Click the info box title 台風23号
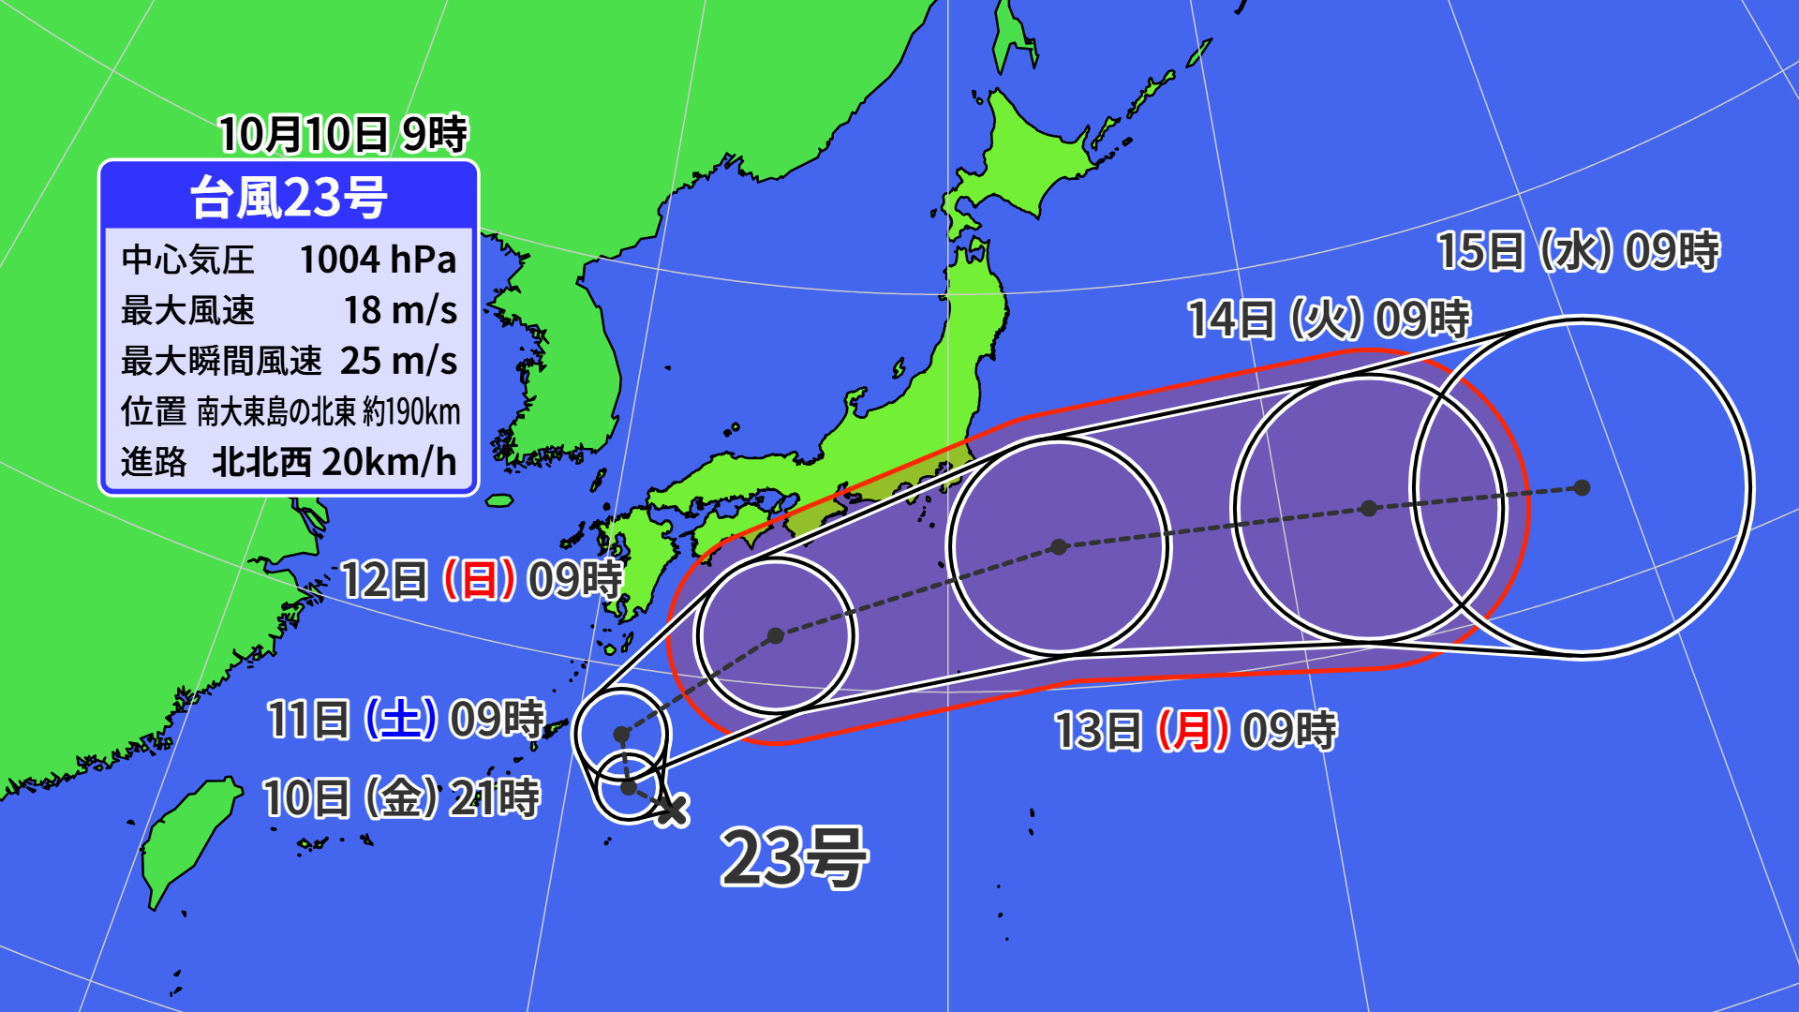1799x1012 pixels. (x=289, y=198)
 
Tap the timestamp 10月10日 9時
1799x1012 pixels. (x=343, y=134)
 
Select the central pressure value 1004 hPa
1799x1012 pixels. (x=378, y=260)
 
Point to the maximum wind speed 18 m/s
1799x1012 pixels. (x=400, y=310)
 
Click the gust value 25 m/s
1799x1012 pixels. (x=398, y=361)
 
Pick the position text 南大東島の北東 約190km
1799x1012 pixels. (x=328, y=411)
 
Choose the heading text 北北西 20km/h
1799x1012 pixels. (x=334, y=462)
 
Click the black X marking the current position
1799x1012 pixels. (x=671, y=809)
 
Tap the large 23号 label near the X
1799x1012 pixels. (x=794, y=856)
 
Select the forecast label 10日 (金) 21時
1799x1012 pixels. (x=401, y=798)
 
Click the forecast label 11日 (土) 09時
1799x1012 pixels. (x=406, y=720)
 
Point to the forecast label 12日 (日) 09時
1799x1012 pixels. (x=481, y=580)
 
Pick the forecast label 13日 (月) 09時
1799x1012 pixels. (x=1196, y=731)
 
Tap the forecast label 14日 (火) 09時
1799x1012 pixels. (x=1329, y=320)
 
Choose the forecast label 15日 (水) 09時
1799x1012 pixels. (x=1578, y=251)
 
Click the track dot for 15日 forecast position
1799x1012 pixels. (x=1583, y=487)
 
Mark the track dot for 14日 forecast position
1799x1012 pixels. (x=1369, y=508)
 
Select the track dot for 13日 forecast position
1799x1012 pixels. (x=1059, y=546)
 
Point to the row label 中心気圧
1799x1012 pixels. (x=187, y=260)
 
